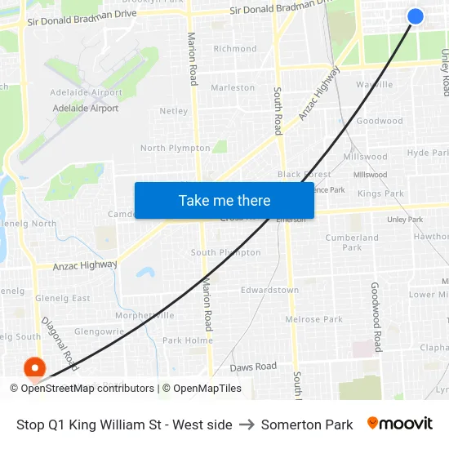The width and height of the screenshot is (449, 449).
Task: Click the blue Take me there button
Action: [x=224, y=200]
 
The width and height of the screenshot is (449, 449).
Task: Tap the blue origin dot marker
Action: [x=415, y=16]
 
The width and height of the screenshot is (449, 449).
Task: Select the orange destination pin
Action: [x=34, y=369]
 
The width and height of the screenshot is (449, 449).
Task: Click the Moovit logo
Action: [x=399, y=424]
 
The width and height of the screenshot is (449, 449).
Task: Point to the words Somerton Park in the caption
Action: [x=307, y=425]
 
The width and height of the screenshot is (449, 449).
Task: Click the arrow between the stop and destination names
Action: [x=247, y=425]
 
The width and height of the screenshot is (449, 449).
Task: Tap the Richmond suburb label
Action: [x=235, y=49]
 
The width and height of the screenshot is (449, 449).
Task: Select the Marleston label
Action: [x=233, y=87]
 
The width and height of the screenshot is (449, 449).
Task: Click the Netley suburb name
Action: [x=174, y=111]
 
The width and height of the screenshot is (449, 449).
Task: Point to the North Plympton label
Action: [x=176, y=149]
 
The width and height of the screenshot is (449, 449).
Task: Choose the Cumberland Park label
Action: [x=352, y=242]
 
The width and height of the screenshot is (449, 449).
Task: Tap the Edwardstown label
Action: [x=269, y=290]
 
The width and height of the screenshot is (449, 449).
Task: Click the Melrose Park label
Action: [x=313, y=319]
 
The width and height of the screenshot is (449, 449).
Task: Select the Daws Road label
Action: [x=253, y=367]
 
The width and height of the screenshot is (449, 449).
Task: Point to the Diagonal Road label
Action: [x=60, y=343]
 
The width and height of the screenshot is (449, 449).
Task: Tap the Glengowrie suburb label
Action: [x=99, y=332]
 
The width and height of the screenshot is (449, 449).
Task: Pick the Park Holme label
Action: [x=187, y=340]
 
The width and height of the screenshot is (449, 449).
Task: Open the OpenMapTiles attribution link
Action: [x=207, y=389]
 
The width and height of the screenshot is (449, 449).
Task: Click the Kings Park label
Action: [x=380, y=193]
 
